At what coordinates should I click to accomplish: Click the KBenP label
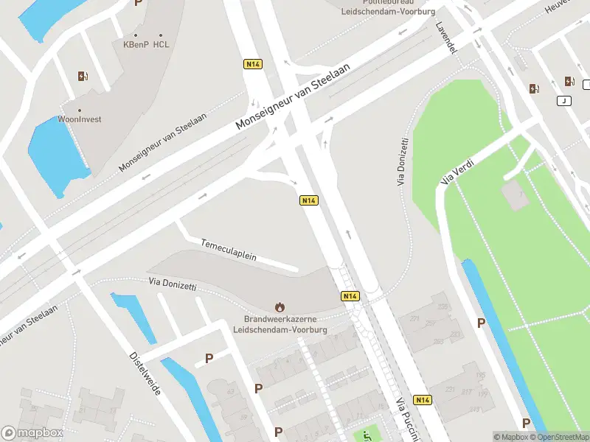point(136,44)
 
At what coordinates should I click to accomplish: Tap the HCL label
point(162,44)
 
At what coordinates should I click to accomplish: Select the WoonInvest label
point(80,119)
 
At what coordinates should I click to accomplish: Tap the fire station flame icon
point(280,306)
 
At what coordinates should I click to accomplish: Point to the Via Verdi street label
point(457,171)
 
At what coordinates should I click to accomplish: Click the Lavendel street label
point(447,35)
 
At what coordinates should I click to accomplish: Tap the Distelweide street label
point(145,372)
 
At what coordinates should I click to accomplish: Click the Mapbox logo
point(32,433)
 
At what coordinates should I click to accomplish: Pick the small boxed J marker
point(564,101)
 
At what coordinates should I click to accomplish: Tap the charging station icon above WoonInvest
point(83,76)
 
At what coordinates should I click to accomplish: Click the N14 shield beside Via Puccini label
point(423,400)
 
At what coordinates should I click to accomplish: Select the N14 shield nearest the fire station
point(350,295)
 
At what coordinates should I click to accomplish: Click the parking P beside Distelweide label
point(209,358)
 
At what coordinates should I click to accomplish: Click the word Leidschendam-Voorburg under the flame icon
point(280,330)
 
